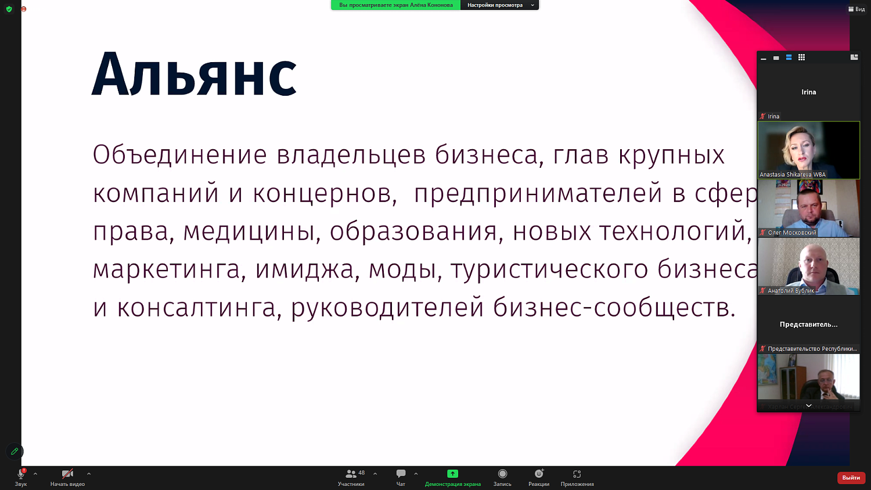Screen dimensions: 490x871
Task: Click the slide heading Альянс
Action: (194, 75)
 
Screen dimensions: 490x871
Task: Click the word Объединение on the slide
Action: (179, 155)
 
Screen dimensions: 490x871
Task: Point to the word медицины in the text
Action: (251, 232)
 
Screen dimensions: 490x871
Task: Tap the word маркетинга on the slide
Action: (166, 270)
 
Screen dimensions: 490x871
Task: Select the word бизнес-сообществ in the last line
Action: (613, 308)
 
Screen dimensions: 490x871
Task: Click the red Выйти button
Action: (851, 478)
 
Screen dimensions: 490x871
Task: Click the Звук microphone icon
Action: (21, 474)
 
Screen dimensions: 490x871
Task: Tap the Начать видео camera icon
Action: (67, 474)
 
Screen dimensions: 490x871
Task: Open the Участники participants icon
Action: (351, 474)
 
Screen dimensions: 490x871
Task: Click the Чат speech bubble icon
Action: (401, 474)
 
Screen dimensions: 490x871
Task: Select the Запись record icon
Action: (502, 474)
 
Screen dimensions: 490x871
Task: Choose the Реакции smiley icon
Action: (539, 474)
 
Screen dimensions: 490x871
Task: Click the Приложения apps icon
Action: (577, 474)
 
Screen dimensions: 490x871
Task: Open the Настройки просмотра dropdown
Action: (499, 5)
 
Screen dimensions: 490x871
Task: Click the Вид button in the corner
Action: (856, 9)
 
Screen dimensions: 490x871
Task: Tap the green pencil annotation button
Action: (15, 451)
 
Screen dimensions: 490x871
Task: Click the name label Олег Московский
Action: (791, 233)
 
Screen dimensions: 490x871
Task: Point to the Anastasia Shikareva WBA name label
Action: (792, 175)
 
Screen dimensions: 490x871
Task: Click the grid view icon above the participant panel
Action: (801, 57)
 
